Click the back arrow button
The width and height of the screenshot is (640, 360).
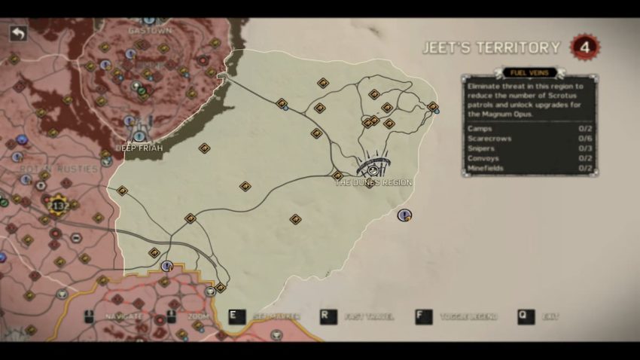click(18, 34)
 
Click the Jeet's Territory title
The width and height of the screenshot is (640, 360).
click(491, 48)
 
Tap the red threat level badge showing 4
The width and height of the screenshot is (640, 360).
click(584, 47)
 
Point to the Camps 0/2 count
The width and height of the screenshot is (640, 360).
click(584, 129)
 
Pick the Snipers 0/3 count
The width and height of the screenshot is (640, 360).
click(584, 148)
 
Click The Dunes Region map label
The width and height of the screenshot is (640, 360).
click(373, 183)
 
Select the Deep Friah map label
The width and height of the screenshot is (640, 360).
click(140, 148)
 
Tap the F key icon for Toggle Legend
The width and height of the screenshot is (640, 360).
click(424, 316)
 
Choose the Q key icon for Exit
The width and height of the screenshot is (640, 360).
click(526, 316)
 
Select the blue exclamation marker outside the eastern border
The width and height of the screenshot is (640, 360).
click(404, 215)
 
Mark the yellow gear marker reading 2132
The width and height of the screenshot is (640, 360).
click(57, 205)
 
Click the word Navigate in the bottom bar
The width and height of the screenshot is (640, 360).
click(124, 317)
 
